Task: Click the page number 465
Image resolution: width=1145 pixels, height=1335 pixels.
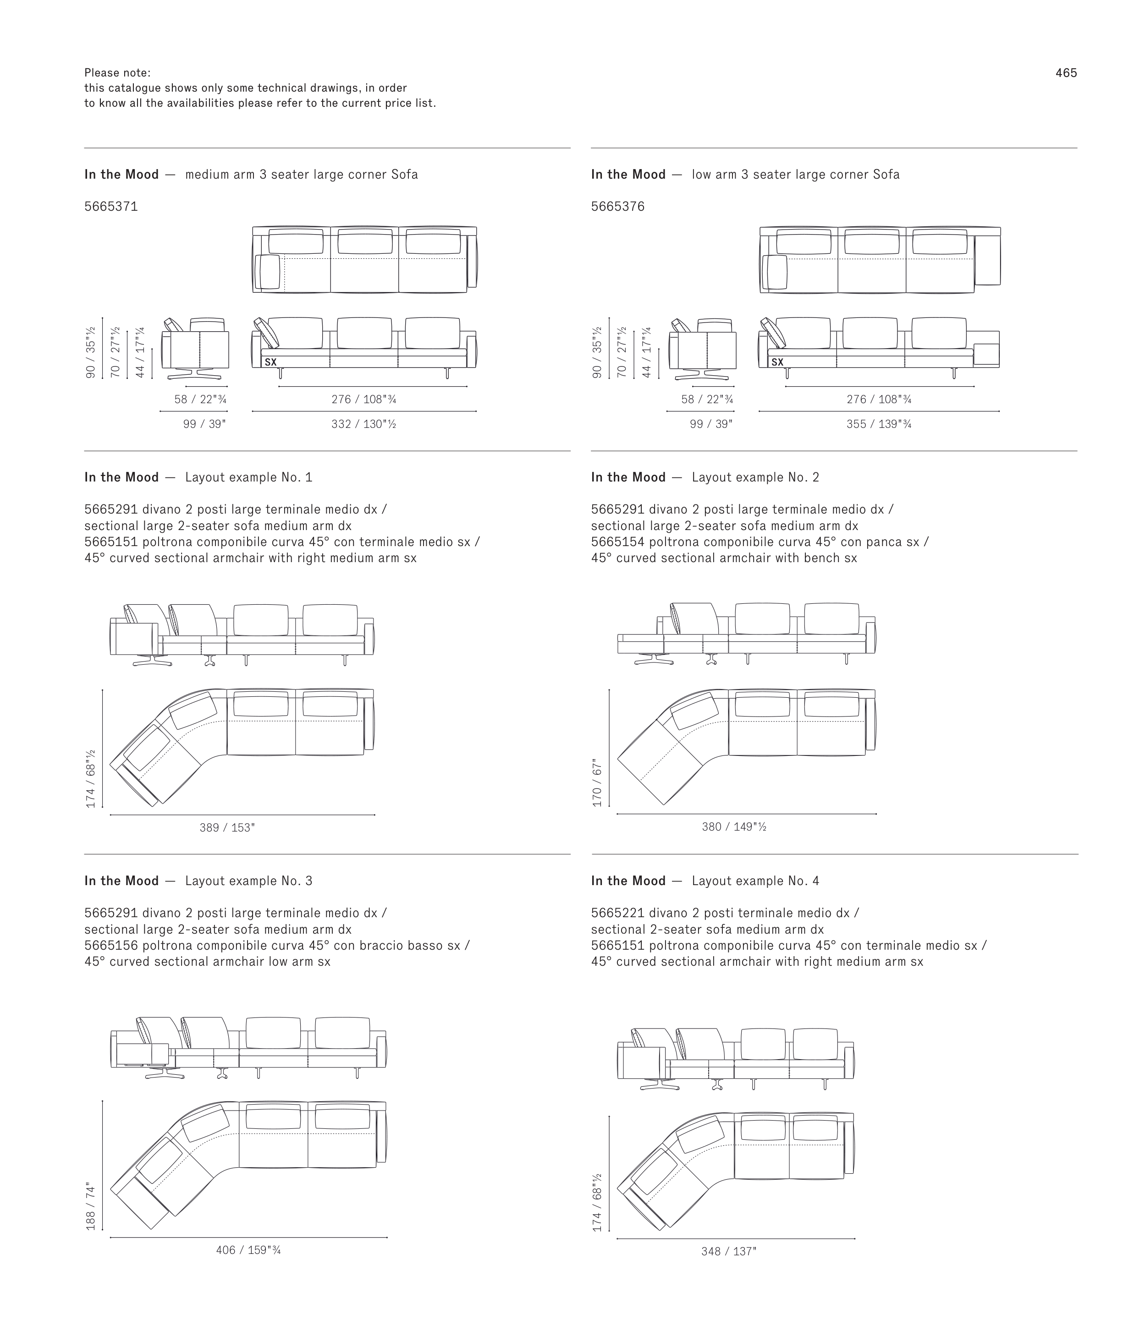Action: click(1066, 73)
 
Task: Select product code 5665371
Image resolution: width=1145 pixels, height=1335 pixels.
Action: click(111, 207)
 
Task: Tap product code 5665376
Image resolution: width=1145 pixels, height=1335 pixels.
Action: click(617, 207)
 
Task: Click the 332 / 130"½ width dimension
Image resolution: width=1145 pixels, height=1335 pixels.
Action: click(363, 424)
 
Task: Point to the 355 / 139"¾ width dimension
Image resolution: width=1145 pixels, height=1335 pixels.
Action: click(879, 424)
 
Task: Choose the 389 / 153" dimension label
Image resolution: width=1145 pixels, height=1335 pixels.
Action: click(227, 828)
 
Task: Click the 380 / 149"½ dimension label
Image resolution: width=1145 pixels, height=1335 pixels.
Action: click(734, 826)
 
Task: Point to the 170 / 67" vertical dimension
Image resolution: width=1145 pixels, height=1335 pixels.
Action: click(597, 783)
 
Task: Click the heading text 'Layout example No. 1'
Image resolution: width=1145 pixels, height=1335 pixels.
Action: click(248, 477)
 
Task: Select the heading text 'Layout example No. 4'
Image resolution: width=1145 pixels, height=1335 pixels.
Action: click(755, 881)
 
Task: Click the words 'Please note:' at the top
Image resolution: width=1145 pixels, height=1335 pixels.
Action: click(117, 73)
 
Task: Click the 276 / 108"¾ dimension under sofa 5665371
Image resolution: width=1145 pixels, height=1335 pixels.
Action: click(363, 399)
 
